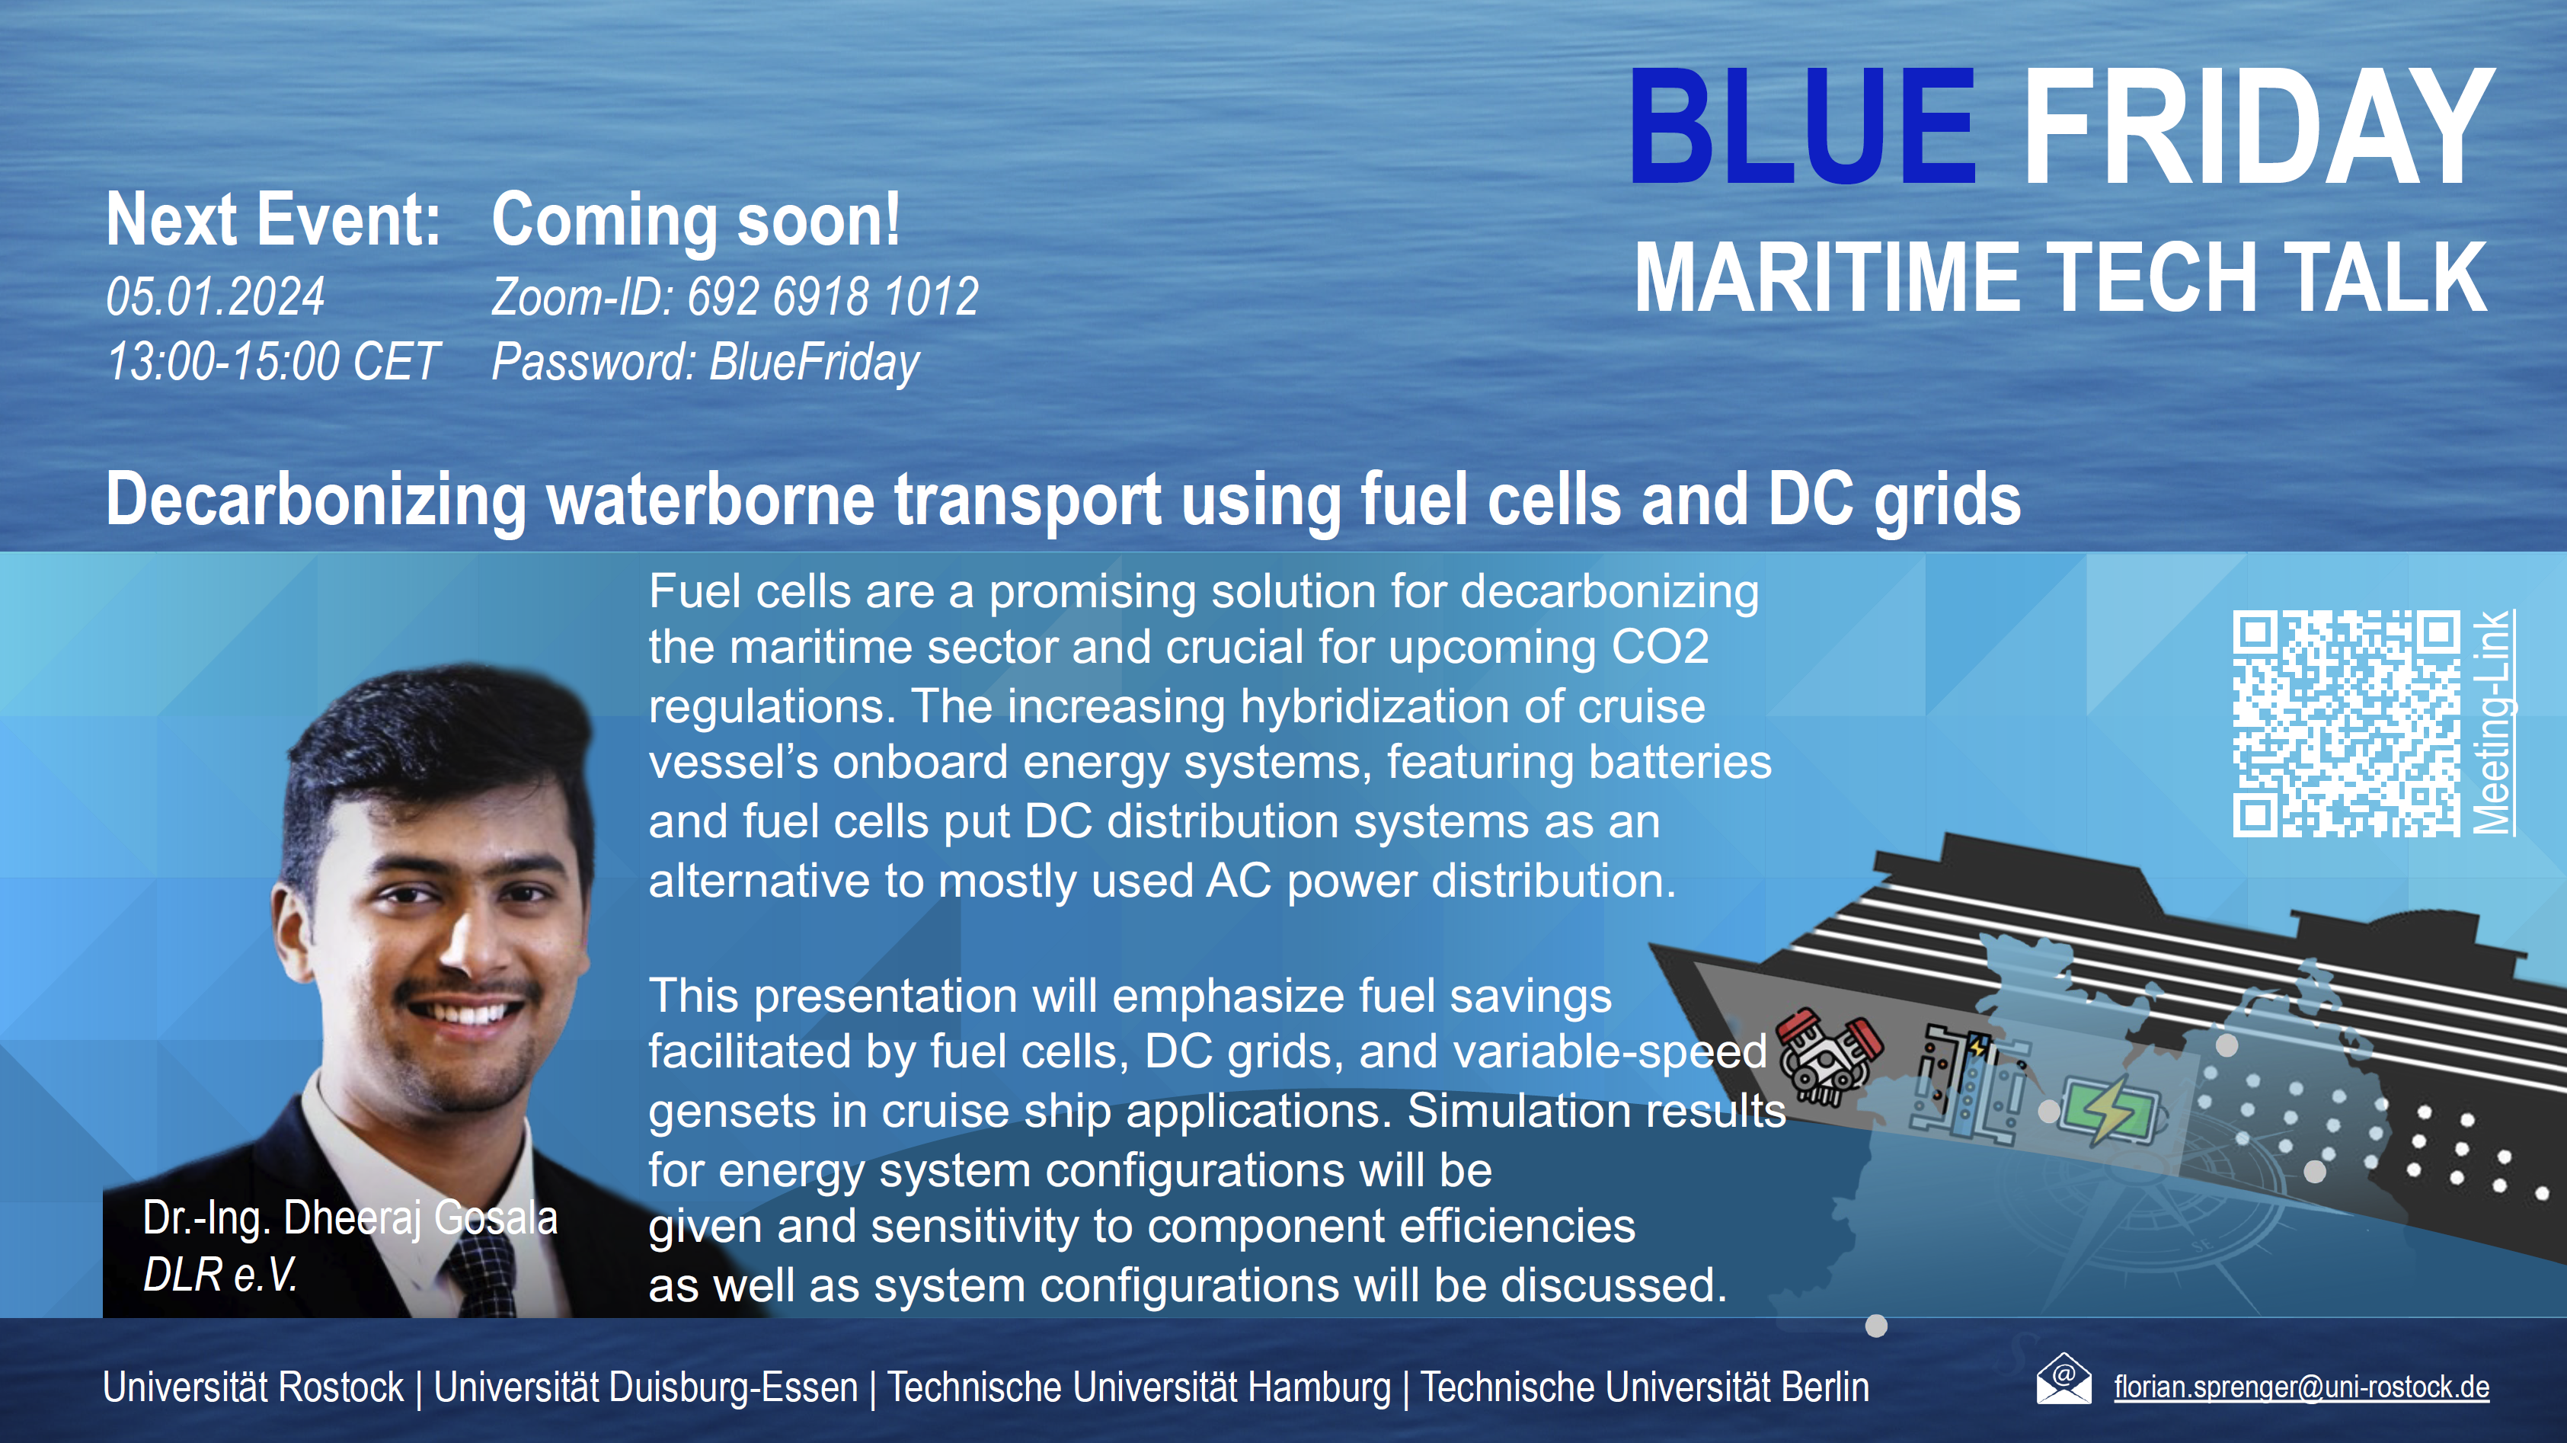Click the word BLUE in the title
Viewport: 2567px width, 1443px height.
1801,126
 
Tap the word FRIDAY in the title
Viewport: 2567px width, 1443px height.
2258,126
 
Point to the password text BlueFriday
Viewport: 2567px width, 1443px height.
814,363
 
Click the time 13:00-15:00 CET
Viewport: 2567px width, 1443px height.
272,362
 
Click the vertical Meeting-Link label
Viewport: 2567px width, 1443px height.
2493,722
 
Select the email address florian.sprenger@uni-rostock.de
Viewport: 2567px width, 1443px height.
2302,1387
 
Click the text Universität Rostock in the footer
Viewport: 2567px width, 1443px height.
253,1388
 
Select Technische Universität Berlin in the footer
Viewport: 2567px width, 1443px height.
1645,1388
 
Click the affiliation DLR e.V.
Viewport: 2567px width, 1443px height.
220,1275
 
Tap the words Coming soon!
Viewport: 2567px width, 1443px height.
695,220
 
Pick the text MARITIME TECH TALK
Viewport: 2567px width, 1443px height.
2060,277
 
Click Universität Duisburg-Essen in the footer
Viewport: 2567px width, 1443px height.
646,1388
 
